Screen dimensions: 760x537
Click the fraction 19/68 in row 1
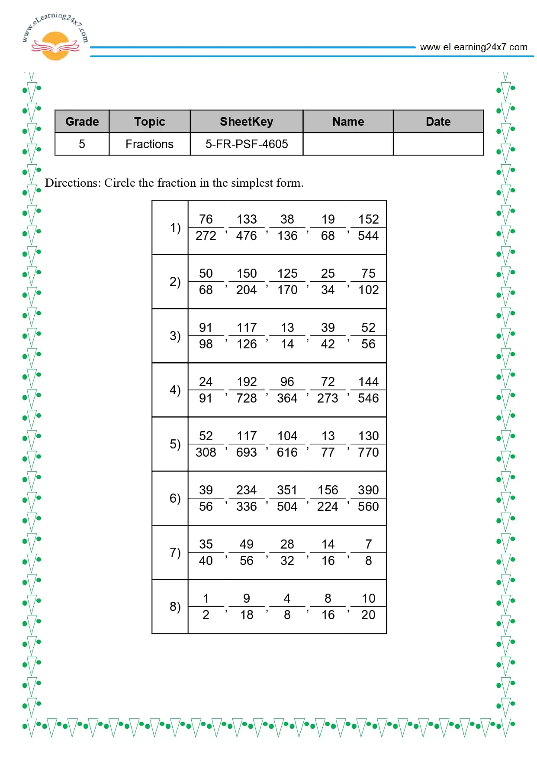point(328,227)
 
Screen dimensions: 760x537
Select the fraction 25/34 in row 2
point(328,282)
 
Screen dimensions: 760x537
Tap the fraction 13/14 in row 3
point(287,336)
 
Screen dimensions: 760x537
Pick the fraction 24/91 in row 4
point(206,390)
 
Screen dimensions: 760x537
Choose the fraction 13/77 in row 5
point(328,444)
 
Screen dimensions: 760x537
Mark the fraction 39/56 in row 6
point(206,498)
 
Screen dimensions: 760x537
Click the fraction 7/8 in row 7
point(368,552)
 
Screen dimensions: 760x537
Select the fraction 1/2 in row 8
point(206,607)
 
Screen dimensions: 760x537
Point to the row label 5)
point(175,444)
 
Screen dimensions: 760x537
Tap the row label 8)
point(175,607)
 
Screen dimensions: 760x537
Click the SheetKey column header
point(246,122)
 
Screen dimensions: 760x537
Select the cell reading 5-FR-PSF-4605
point(246,144)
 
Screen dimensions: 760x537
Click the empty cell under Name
point(348,144)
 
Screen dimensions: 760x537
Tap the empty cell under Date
point(438,144)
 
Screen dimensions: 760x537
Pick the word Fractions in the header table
point(149,144)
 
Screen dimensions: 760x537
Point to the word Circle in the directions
point(119,183)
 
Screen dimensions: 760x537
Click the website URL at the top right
point(473,47)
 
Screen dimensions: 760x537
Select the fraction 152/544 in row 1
point(368,227)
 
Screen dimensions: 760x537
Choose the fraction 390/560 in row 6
point(368,498)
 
